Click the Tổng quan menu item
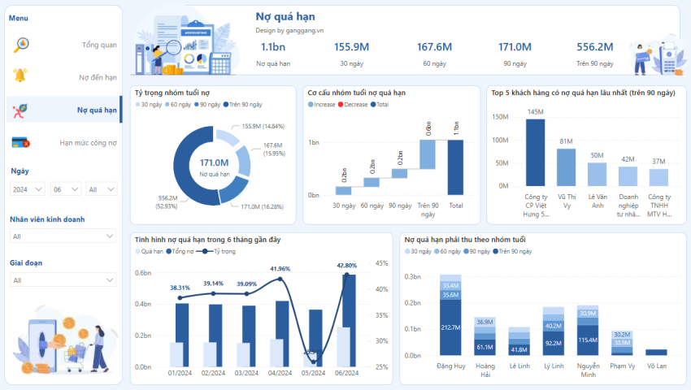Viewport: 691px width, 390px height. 99,45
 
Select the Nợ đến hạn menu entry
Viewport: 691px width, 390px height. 98,77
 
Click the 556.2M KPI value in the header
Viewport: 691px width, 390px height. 594,47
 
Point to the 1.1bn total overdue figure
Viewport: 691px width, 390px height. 272,47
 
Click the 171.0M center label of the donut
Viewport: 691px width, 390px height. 214,162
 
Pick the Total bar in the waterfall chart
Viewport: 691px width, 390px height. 455,167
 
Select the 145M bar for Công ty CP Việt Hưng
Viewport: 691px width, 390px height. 534,154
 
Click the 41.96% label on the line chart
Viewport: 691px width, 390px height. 280,268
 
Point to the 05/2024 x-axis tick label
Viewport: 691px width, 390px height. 315,374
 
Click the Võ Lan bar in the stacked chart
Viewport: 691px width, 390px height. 655,352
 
